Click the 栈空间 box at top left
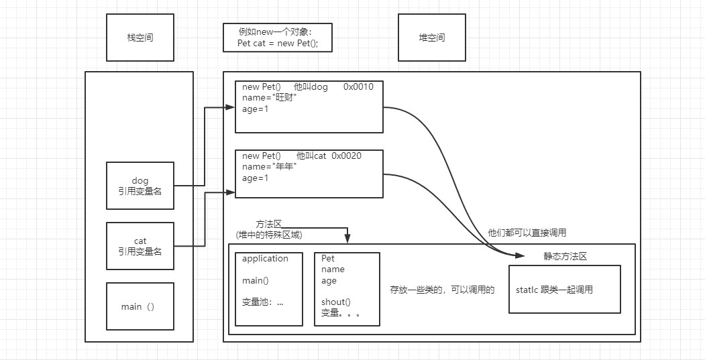pyautogui.click(x=140, y=38)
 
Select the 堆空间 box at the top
pyautogui.click(x=431, y=38)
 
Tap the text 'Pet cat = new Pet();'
pyautogui.click(x=278, y=44)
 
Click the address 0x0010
pyautogui.click(x=358, y=86)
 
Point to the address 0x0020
pyautogui.click(x=346, y=156)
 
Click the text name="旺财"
pyautogui.click(x=270, y=98)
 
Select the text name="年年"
pyautogui.click(x=270, y=167)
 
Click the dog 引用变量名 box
pyautogui.click(x=140, y=186)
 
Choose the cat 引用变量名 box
pyautogui.click(x=140, y=246)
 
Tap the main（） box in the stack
pyautogui.click(x=140, y=306)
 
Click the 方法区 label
pyautogui.click(x=269, y=224)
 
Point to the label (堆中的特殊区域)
pyautogui.click(x=269, y=235)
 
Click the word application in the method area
pyautogui.click(x=265, y=259)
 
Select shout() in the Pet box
pyautogui.click(x=335, y=302)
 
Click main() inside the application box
pyautogui.click(x=255, y=280)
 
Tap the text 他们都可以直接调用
pyautogui.click(x=527, y=233)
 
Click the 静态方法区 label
pyautogui.click(x=565, y=257)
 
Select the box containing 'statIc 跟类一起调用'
pyautogui.click(x=564, y=289)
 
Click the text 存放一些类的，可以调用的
pyautogui.click(x=442, y=290)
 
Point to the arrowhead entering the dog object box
pyautogui.click(x=231, y=107)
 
